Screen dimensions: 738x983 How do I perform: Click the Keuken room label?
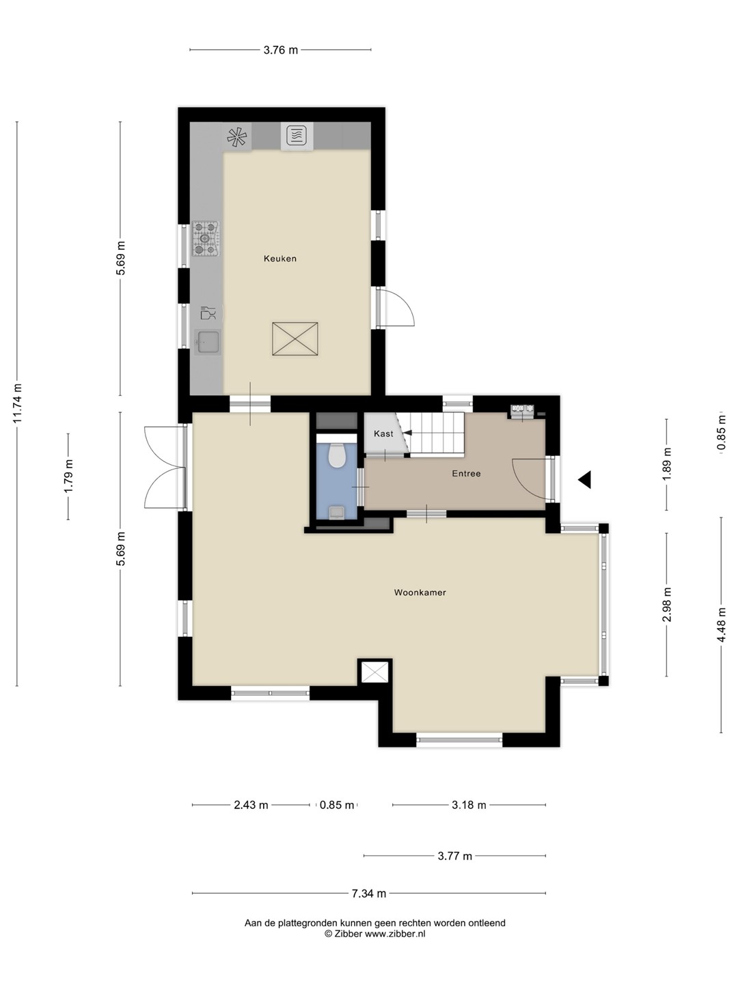[279, 259]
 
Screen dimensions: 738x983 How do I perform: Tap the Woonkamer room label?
[420, 593]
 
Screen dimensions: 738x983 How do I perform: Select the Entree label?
[466, 473]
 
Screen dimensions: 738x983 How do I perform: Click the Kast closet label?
[383, 433]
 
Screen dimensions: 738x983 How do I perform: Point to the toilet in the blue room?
[336, 455]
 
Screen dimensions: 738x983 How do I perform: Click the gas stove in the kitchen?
[206, 238]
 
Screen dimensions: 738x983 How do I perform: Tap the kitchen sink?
[208, 343]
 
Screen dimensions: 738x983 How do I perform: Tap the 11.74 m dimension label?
[18, 403]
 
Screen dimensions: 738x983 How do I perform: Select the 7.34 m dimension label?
[369, 894]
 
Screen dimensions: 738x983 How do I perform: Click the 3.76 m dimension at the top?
[280, 50]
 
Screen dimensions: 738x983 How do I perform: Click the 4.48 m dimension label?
[721, 625]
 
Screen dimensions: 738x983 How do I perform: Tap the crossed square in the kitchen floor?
[295, 339]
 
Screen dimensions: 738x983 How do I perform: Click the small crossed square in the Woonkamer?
[374, 672]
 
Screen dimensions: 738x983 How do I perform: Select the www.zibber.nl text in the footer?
[395, 934]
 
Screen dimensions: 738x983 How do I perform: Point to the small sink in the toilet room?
[336, 513]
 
